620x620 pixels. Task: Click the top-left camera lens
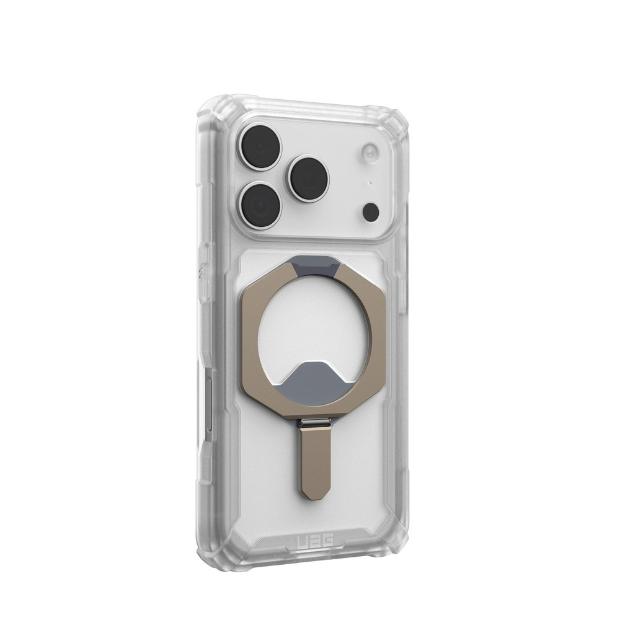[261, 147]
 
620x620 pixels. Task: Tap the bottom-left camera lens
[261, 205]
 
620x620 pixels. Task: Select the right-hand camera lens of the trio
[309, 179]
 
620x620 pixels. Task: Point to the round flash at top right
[371, 153]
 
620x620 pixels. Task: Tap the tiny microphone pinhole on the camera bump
[370, 183]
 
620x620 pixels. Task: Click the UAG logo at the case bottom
[314, 539]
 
